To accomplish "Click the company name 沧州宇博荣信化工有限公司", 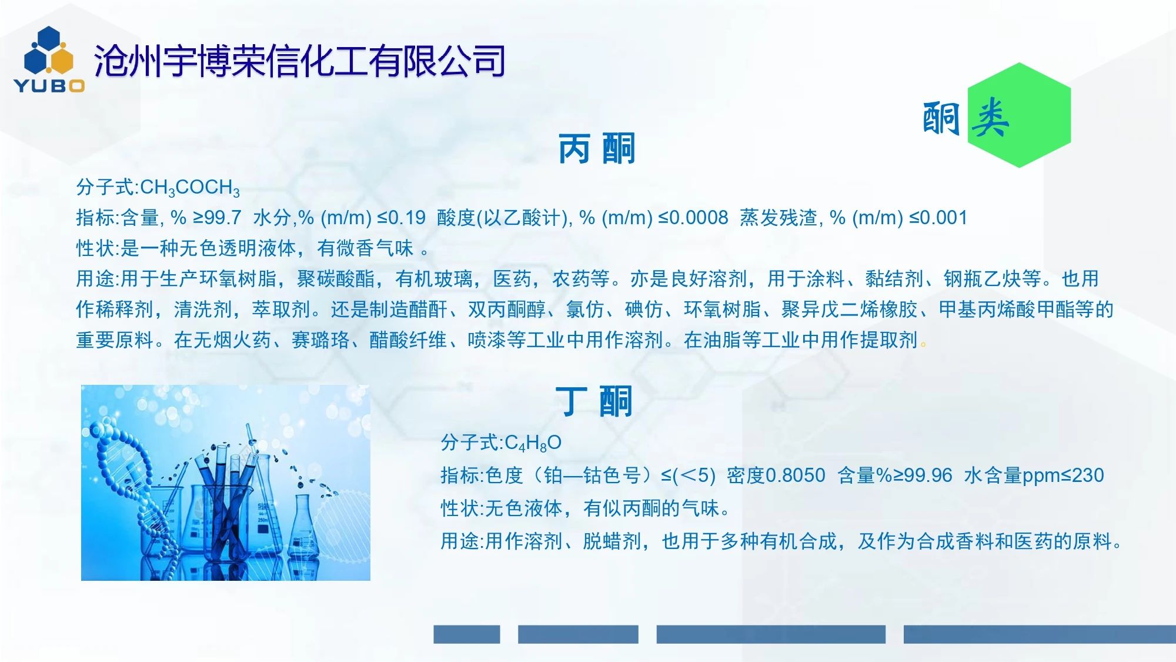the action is [299, 61].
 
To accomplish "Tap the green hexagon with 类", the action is [1019, 115].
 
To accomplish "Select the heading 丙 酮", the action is [596, 148].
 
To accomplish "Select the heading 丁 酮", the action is [594, 401].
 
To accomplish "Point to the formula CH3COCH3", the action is [190, 188].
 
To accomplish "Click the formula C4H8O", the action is [533, 443].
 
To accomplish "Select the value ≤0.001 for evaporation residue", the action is [938, 218].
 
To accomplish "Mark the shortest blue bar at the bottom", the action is [467, 634].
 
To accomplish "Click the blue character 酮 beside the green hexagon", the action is [942, 118].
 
